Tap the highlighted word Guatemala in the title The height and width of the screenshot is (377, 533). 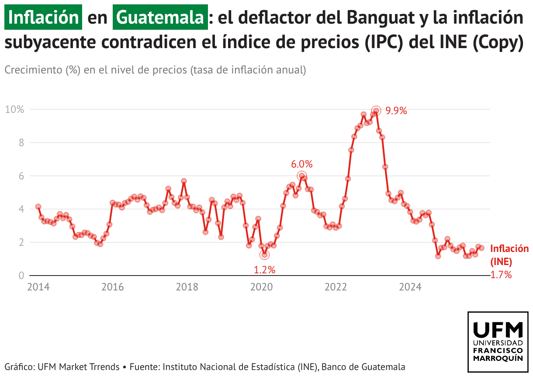click(160, 17)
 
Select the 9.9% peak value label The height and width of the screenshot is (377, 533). click(396, 111)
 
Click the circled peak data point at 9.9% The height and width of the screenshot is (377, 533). click(376, 111)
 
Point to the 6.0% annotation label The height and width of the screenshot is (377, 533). click(302, 164)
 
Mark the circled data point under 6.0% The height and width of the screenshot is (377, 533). click(301, 176)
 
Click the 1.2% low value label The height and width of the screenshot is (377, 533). click(264, 270)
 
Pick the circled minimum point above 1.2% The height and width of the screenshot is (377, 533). click(264, 255)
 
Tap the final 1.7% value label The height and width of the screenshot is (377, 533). click(501, 275)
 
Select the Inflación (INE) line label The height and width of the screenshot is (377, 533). click(509, 255)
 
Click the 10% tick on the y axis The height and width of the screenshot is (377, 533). click(14, 109)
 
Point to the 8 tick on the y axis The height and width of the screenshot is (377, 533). click(20, 143)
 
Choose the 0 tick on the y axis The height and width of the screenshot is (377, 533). click(21, 276)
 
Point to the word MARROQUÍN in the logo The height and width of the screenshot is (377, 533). click(498, 358)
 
